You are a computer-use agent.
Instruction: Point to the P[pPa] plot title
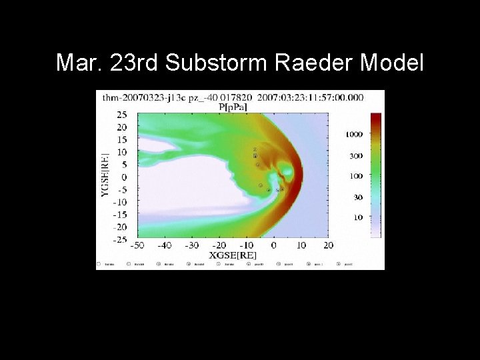pos(233,106)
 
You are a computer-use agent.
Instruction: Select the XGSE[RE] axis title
pos(233,255)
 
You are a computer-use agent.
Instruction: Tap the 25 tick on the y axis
pos(121,115)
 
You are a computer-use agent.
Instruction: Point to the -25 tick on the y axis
pos(119,239)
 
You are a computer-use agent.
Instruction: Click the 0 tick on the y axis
pos(124,177)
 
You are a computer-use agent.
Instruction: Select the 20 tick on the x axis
pos(328,245)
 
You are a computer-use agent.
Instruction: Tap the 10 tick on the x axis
pos(301,245)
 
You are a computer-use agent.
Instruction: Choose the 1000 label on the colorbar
pos(354,134)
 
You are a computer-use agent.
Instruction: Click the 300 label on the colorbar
pos(356,155)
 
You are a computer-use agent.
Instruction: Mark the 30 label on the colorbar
pos(358,197)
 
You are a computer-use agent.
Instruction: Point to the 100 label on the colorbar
pos(356,176)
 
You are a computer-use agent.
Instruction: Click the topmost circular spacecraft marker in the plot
pos(255,149)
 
